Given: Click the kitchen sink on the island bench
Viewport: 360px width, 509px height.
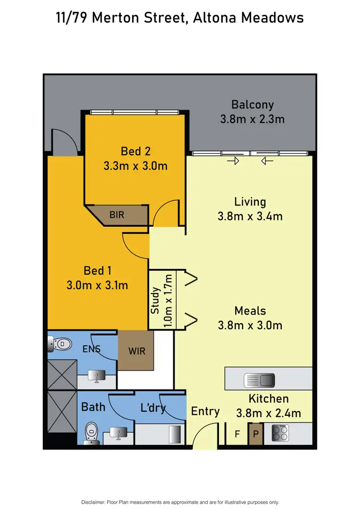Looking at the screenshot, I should (x=259, y=380).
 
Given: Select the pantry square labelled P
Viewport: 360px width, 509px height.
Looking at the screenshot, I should (x=256, y=434).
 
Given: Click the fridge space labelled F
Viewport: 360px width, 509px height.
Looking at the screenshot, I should (x=237, y=434).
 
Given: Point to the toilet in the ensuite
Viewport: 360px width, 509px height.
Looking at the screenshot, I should (x=60, y=344).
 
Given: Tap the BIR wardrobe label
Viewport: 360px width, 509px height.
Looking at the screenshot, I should (x=117, y=215).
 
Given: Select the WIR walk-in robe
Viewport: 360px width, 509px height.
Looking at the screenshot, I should (x=136, y=350).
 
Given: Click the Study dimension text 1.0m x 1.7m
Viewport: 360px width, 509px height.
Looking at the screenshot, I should (x=168, y=300).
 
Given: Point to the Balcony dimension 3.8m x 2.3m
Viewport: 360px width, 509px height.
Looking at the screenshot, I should (x=252, y=119).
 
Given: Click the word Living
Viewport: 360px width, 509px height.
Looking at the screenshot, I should (x=250, y=202).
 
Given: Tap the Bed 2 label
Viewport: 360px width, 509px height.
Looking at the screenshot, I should (x=135, y=151).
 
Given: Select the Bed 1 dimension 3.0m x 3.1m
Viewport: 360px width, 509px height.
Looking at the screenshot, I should (x=97, y=285).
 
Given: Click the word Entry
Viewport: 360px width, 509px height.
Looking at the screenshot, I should (x=205, y=411).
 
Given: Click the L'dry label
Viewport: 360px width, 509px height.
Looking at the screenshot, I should (x=153, y=408).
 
